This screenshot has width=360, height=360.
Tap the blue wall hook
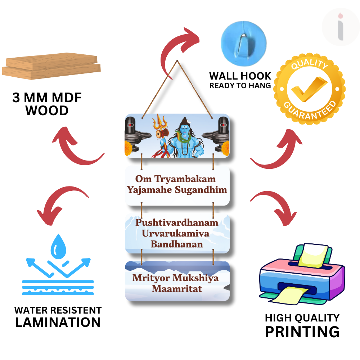[243, 40]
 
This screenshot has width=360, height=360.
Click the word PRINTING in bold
[302, 332]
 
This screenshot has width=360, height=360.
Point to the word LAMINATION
[58, 322]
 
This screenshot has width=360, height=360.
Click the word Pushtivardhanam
[177, 222]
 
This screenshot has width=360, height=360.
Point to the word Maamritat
[177, 289]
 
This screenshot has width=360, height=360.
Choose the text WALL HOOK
[240, 76]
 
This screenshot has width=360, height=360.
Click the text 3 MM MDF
[47, 98]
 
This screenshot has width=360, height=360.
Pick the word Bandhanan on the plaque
[177, 244]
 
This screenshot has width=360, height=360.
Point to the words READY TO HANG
[240, 86]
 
